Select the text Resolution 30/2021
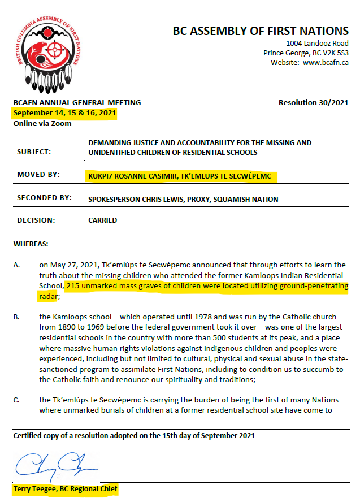pos(314,103)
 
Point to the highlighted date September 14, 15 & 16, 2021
pos(65,113)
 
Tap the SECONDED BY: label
pos(45,198)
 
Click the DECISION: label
pos(37,220)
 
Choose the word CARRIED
pos(102,220)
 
